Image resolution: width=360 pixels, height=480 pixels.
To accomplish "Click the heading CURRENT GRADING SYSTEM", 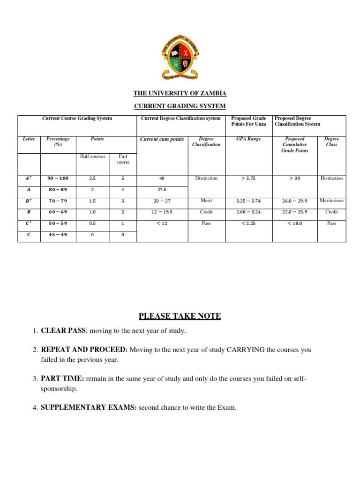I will point(180,106).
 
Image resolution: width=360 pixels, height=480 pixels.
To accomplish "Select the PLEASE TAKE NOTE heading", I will point(180,316).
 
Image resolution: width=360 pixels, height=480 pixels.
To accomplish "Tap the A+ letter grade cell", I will point(29,178).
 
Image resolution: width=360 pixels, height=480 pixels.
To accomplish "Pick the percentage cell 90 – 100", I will point(58,178).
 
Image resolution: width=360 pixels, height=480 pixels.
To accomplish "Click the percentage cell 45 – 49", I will point(58,234).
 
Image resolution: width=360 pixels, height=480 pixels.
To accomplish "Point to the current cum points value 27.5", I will point(162,190).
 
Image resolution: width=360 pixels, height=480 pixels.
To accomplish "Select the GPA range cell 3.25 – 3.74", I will point(248,201).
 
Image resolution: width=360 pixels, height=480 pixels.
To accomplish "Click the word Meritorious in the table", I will point(331,201).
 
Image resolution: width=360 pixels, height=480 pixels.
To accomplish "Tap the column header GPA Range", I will point(248,139).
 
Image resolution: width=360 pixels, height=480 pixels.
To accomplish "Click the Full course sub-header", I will point(123,159).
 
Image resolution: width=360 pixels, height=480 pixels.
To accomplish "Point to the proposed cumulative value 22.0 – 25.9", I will point(294,212).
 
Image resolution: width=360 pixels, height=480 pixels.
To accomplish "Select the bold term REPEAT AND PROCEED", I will point(84,350).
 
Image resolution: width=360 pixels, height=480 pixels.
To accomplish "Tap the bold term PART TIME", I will point(62,377).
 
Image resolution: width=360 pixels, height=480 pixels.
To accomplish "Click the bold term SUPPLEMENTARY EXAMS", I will point(89,408).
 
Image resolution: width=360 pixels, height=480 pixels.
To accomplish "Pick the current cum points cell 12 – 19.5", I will point(162,212).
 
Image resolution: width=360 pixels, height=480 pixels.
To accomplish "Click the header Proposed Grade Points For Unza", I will point(248,121).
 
